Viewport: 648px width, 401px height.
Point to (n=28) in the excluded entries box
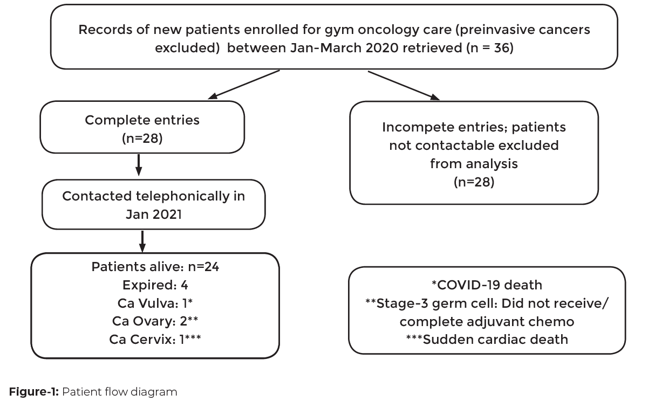point(474,182)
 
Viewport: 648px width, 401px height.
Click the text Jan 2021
point(153,213)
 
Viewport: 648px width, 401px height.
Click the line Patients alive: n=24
point(155,267)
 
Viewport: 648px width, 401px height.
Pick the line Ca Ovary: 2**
point(155,322)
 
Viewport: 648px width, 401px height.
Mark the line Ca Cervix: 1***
point(155,340)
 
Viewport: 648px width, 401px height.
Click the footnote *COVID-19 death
point(487,285)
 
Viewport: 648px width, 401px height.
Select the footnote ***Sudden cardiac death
point(487,339)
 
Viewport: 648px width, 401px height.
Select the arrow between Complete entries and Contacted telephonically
point(139,164)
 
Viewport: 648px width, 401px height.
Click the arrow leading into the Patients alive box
point(142,242)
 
